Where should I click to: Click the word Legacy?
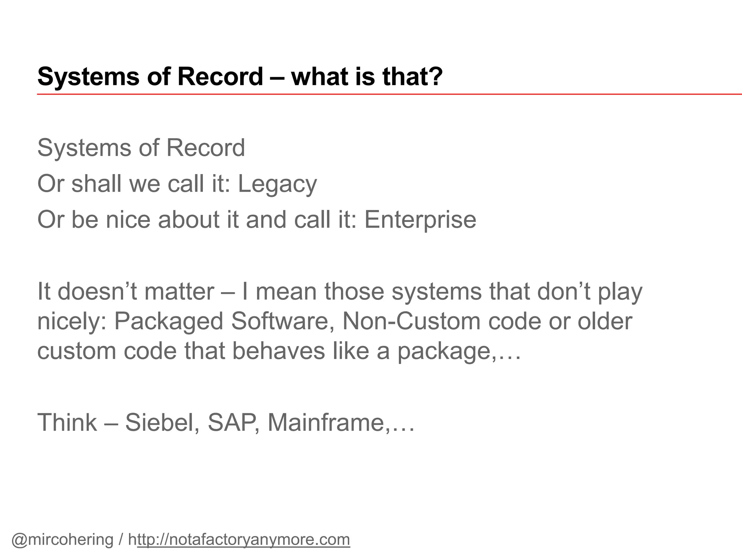(x=277, y=184)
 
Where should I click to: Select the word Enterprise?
(x=420, y=220)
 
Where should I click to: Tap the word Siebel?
(x=162, y=423)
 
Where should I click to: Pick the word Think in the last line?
(x=67, y=423)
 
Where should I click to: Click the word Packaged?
(x=169, y=322)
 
